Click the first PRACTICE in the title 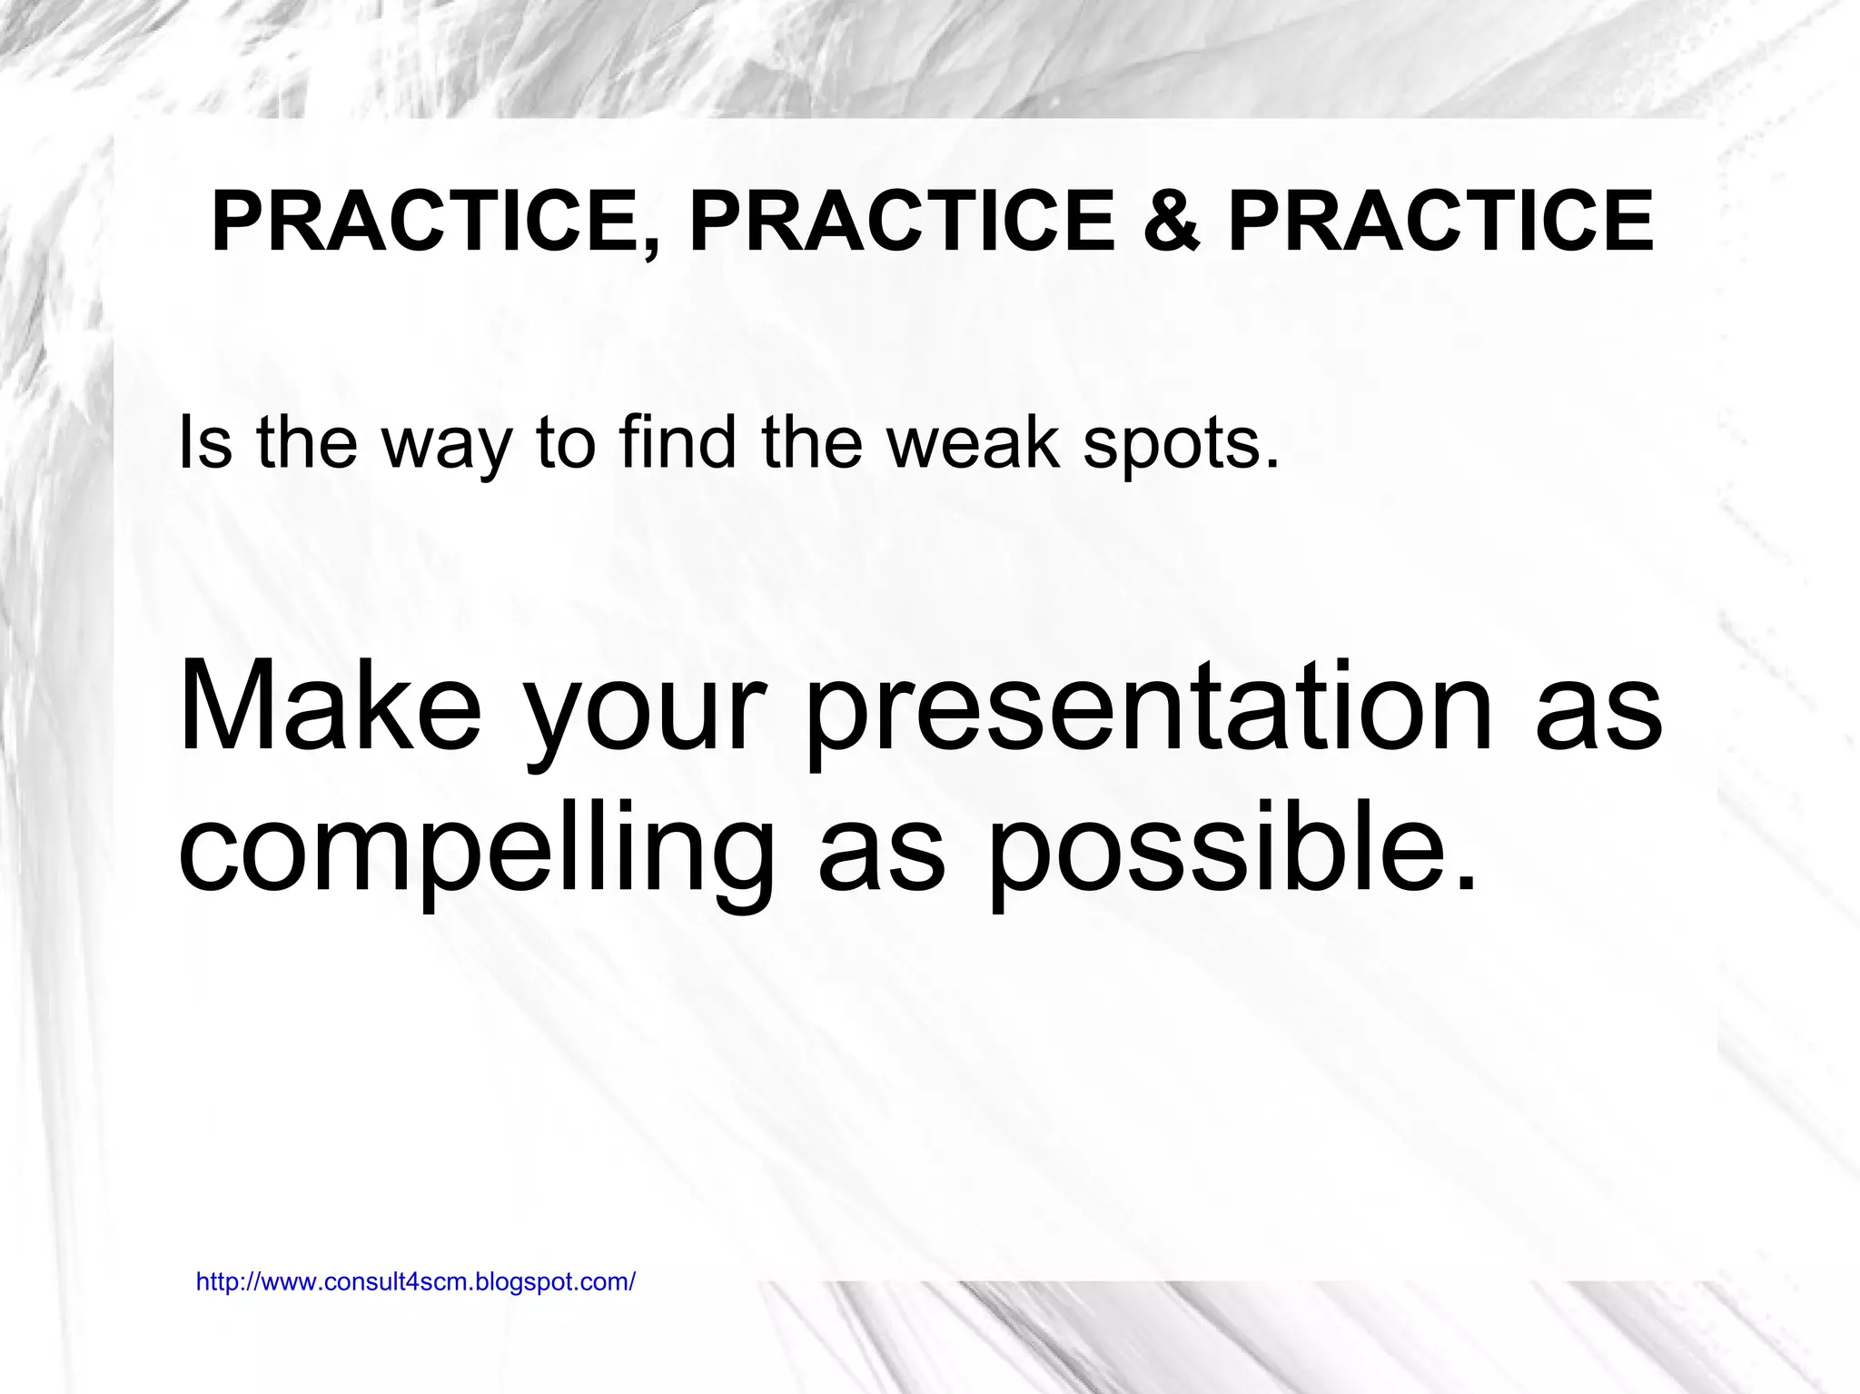click(x=422, y=222)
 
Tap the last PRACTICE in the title click(x=1440, y=222)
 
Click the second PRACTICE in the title click(x=901, y=222)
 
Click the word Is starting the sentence click(x=204, y=442)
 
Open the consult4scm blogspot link click(x=416, y=1282)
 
